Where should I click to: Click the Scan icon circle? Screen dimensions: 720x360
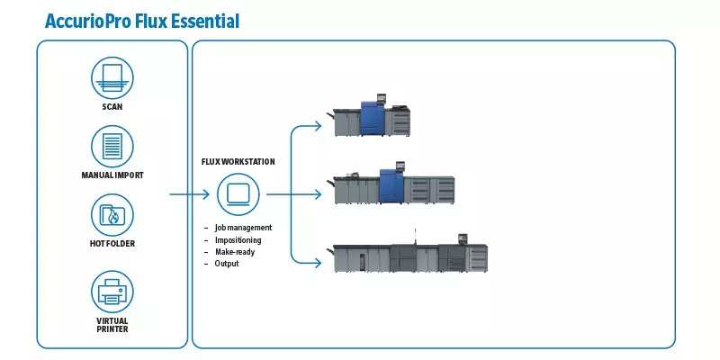[112, 77]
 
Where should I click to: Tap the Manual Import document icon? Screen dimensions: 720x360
[112, 147]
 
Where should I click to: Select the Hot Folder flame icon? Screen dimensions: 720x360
[112, 215]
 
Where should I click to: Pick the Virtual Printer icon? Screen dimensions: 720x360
[112, 292]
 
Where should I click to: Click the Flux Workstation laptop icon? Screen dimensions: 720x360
[238, 194]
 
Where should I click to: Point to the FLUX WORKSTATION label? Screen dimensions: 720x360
[238, 162]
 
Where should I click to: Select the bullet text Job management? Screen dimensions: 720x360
[243, 228]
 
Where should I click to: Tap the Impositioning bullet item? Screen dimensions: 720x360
[238, 240]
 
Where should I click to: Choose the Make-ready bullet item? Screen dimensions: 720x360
[235, 252]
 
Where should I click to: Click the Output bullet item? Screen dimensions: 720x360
[227, 264]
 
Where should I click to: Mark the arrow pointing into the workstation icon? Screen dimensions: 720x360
[190, 194]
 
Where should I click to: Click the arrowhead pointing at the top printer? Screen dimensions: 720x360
[318, 125]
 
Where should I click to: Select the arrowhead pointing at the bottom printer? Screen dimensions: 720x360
[318, 263]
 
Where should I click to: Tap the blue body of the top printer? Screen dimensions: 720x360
[373, 119]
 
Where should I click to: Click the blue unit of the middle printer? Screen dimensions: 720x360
[391, 186]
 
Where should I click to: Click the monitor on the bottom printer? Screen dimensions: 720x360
[463, 238]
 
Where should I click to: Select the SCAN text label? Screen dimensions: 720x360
[112, 107]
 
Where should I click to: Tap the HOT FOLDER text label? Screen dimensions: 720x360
[112, 244]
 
